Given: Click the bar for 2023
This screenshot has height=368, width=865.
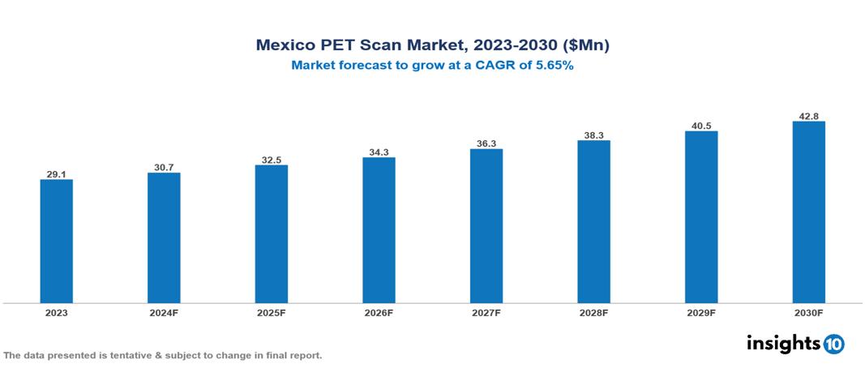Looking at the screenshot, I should [57, 241].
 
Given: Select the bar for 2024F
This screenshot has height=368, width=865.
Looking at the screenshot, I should [164, 237].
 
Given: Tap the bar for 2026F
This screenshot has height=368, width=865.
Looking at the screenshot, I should [379, 229].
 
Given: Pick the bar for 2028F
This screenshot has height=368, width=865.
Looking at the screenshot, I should [593, 221].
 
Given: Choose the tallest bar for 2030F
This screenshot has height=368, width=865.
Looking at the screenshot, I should [808, 212].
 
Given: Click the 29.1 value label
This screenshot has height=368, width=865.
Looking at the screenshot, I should [57, 173].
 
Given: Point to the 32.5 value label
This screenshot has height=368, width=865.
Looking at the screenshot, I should [272, 160].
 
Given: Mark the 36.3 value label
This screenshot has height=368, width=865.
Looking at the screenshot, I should [486, 143].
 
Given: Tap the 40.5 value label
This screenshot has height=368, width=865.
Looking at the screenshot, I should [701, 126].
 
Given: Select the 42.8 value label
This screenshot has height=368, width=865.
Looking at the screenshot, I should [808, 116].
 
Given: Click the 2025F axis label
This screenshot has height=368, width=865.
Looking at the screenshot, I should [272, 312].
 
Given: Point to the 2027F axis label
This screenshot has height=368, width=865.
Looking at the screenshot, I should [486, 312].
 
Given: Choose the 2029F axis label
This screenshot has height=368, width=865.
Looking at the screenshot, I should [701, 312].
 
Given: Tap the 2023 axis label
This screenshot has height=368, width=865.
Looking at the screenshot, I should [57, 312].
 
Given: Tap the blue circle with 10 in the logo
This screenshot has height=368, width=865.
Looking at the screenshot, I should [833, 344].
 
